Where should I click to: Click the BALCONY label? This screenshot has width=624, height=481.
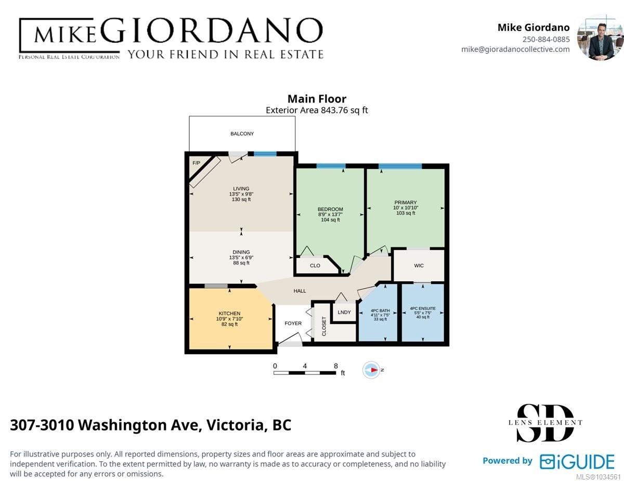pos(242,134)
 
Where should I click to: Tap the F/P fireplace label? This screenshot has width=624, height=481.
pos(196,163)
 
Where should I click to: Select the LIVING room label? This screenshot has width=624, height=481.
pos(241,188)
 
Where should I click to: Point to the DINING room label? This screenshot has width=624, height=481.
pos(241,252)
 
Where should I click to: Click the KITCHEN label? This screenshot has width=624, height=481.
pos(229,313)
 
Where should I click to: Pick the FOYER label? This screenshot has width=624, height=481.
pos(293,323)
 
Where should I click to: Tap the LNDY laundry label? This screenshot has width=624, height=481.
pos(344,312)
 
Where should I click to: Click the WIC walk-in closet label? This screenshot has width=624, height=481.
pos(419,265)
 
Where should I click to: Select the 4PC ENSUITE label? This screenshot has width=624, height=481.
pos(423,308)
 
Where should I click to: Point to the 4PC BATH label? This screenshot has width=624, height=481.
pos(380,310)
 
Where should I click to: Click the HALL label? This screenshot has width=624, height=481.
pos(300,291)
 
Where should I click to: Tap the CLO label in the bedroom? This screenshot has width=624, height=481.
pos(315,266)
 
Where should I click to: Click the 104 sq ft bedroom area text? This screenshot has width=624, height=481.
pos(330,219)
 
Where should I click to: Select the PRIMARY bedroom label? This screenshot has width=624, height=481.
pos(406,202)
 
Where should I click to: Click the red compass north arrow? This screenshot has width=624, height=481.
pos(374,370)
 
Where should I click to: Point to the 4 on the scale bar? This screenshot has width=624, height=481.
pos(305,366)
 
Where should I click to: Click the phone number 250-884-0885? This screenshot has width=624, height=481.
pos(546,39)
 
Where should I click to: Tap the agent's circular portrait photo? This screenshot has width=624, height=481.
pos(600,37)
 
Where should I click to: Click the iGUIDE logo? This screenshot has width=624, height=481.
pos(577,461)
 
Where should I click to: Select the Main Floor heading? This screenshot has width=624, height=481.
pos(317,99)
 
